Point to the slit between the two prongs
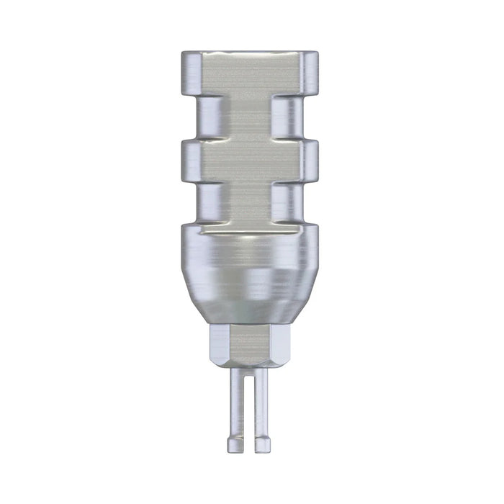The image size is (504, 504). click(x=249, y=410)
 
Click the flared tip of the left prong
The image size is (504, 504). click(x=236, y=444)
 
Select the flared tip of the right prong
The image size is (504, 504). click(x=262, y=444)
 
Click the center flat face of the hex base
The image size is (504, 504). click(x=249, y=346)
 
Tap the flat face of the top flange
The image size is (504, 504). click(x=250, y=72)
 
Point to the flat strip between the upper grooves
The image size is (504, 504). click(x=250, y=117)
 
